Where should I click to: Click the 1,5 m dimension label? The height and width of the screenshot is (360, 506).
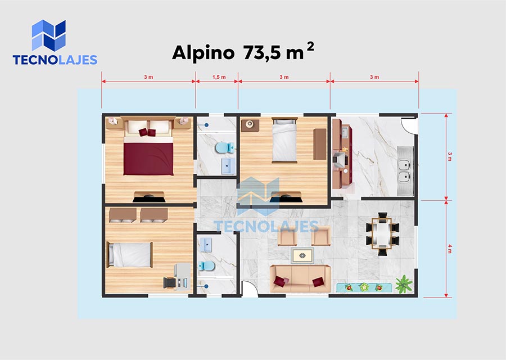(219, 77)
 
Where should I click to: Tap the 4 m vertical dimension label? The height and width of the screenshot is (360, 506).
(450, 249)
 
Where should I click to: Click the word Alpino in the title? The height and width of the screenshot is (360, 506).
(204, 52)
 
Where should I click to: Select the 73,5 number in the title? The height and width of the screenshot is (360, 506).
(262, 52)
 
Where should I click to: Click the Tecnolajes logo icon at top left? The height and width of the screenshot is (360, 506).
(49, 35)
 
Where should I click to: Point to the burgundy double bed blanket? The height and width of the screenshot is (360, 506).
(148, 159)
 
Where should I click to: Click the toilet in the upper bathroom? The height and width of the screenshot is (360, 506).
(225, 148)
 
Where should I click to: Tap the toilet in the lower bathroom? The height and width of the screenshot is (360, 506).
(206, 265)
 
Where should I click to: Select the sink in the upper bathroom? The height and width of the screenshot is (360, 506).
(228, 166)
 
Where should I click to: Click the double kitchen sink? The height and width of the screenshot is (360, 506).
(405, 170)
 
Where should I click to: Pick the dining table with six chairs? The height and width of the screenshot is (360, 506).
(382, 234)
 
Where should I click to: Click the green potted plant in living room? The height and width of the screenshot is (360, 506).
(404, 284)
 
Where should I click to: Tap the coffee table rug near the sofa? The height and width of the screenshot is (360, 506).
(302, 256)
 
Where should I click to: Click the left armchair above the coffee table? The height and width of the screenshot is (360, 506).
(287, 236)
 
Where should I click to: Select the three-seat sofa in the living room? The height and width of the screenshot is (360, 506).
(300, 279)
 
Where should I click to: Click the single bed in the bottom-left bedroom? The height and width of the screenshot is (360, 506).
(130, 255)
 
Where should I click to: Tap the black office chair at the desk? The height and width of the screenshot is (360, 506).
(169, 283)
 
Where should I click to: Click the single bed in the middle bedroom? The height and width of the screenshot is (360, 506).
(284, 140)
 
